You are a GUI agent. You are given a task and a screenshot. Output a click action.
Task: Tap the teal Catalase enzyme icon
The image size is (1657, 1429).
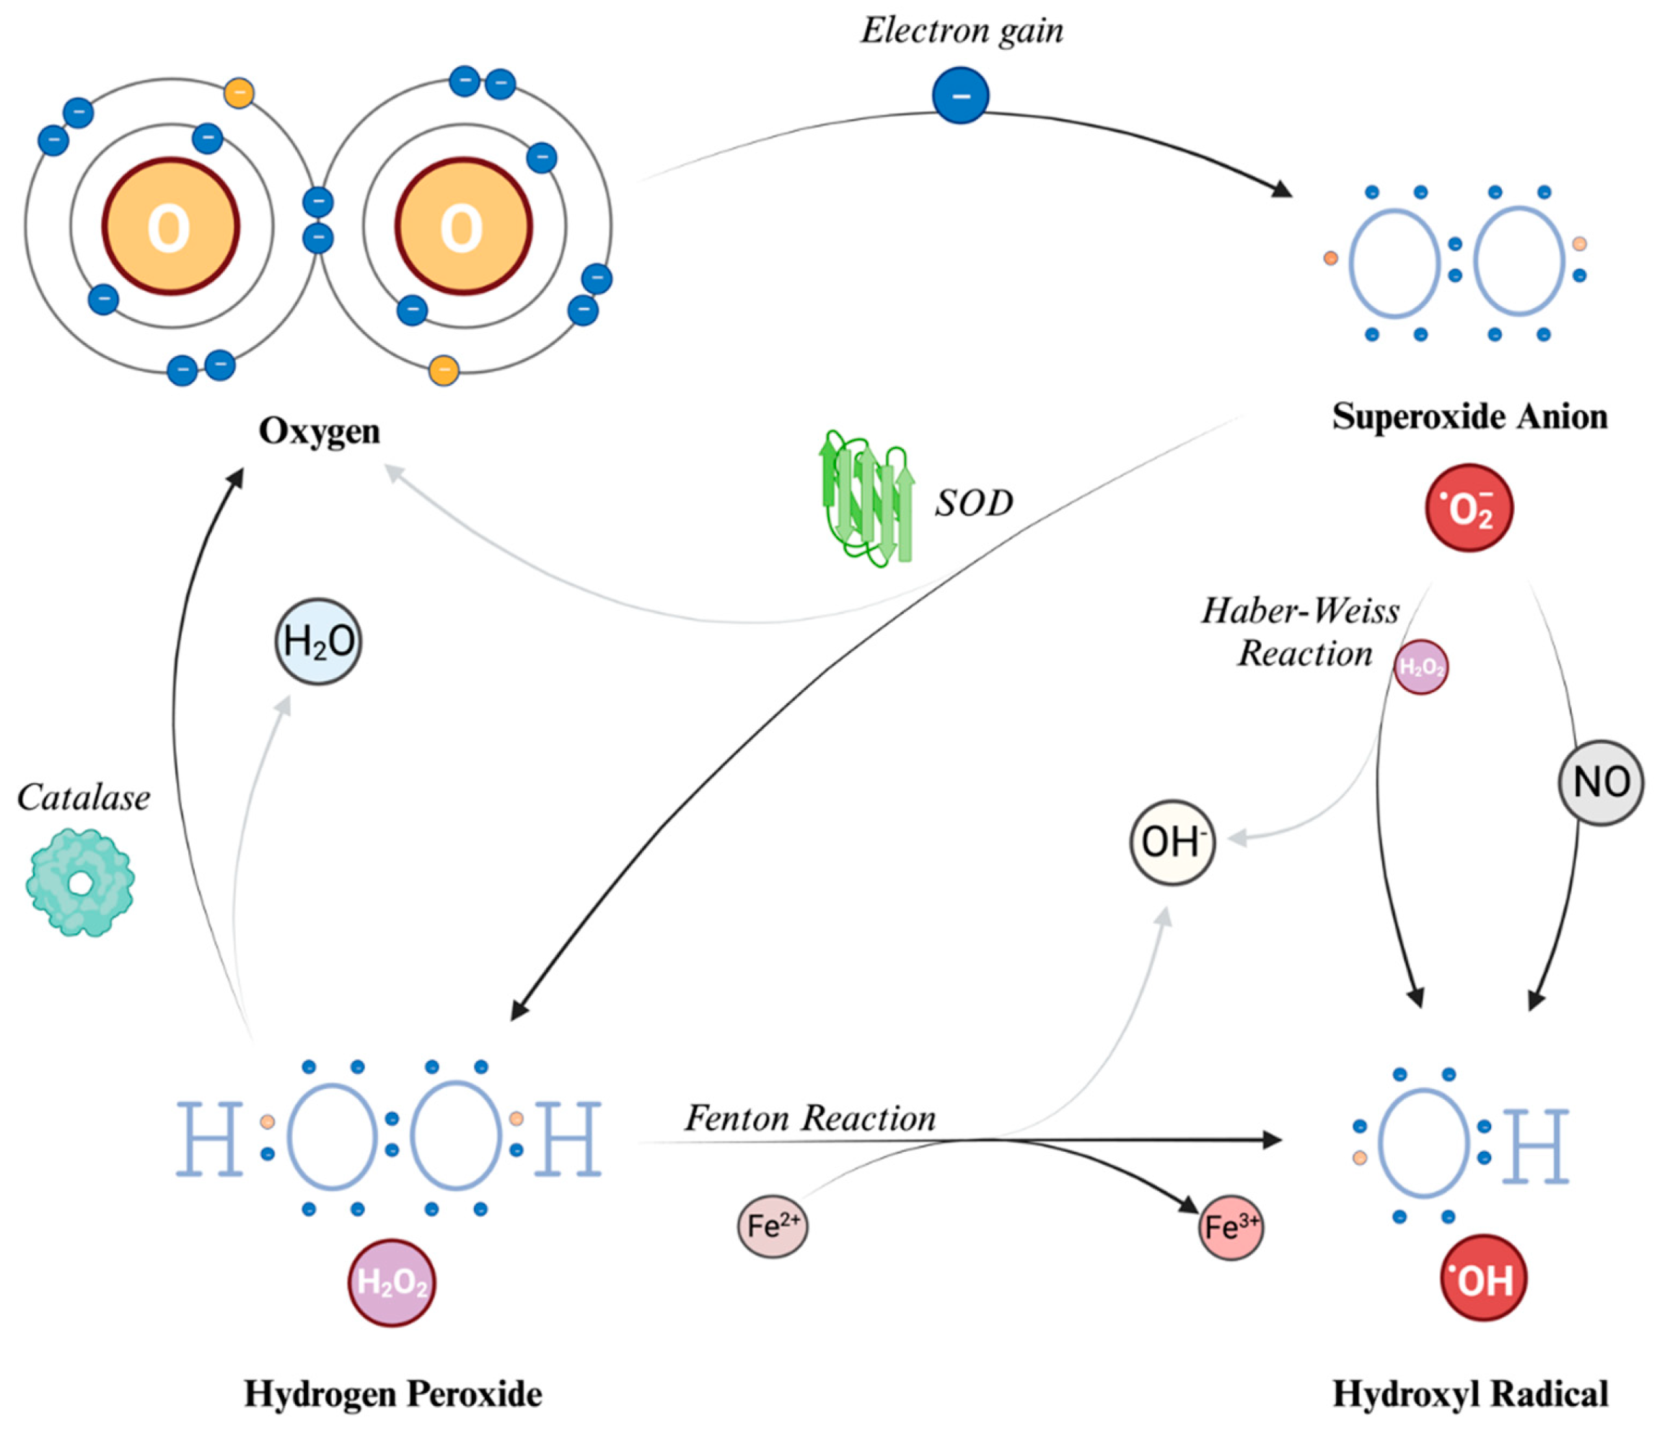click(80, 883)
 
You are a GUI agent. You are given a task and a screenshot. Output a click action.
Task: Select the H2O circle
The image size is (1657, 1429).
click(318, 641)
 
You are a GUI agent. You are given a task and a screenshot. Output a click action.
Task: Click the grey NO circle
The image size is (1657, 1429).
click(1600, 782)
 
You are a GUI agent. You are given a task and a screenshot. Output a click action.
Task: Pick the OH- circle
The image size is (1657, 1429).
click(1172, 842)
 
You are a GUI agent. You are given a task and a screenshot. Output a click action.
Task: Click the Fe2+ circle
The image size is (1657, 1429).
click(772, 1225)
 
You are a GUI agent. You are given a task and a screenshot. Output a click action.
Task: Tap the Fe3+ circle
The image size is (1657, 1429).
click(1231, 1228)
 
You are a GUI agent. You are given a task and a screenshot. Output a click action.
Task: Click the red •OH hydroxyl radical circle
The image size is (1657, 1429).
click(1483, 1277)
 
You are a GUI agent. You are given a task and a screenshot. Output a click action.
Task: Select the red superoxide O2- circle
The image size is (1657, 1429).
click(1469, 508)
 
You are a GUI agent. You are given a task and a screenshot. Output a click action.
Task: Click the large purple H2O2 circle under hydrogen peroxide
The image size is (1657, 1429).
click(391, 1282)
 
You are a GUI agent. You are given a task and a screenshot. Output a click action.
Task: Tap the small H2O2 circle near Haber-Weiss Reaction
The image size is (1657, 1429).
click(1421, 666)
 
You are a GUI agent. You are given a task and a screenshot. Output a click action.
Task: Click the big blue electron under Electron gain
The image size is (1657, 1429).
click(960, 96)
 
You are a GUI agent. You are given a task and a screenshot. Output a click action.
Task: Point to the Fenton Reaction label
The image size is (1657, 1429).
click(810, 1119)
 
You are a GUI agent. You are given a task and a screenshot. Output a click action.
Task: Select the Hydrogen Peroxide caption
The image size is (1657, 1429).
click(392, 1394)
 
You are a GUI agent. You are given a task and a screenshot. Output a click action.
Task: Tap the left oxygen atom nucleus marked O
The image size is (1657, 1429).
click(170, 227)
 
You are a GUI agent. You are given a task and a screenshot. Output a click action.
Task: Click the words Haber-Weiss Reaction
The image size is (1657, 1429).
click(1302, 632)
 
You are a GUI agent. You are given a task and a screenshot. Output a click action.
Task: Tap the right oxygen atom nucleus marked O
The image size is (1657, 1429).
click(463, 227)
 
